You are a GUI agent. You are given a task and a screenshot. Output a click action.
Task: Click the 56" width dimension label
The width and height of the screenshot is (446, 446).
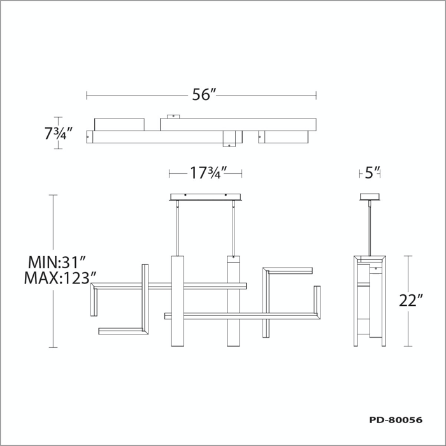205,94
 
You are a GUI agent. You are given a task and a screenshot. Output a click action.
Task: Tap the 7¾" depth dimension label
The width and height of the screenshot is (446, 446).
59,133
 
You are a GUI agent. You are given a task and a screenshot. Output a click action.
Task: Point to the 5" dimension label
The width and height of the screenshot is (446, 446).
372,173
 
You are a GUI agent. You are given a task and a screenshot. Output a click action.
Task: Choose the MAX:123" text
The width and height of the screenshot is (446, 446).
60,278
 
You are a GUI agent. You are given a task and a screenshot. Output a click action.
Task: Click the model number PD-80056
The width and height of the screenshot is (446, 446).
396,420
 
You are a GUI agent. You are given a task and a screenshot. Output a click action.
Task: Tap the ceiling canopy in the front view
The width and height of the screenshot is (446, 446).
205,197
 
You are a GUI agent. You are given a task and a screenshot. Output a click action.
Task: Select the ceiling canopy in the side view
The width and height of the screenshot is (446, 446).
370,197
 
